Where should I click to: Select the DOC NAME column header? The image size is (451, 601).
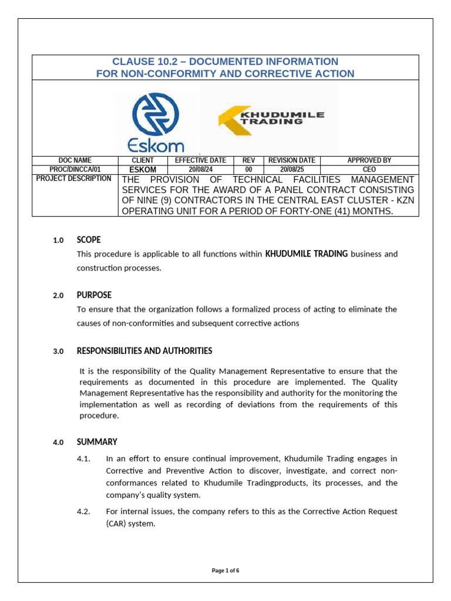[75, 160]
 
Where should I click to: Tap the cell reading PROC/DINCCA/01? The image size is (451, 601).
[75, 170]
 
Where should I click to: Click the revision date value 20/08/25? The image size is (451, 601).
[292, 170]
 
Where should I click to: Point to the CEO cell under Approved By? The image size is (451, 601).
[369, 170]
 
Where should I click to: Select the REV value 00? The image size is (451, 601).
[248, 170]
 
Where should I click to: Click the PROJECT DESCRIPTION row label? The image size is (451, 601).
[74, 178]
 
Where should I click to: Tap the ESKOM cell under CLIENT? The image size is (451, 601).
[143, 170]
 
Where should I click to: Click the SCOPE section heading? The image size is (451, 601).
[89, 239]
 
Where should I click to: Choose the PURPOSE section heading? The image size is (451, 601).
[94, 295]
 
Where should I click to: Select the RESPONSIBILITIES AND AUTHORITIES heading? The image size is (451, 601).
[144, 350]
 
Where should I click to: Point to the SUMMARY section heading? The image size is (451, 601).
[97, 441]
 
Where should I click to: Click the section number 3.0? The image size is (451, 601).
[58, 351]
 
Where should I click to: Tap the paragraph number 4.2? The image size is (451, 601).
[83, 511]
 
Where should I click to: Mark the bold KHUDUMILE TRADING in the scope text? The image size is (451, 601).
[307, 254]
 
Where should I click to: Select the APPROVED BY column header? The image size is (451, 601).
[369, 160]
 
